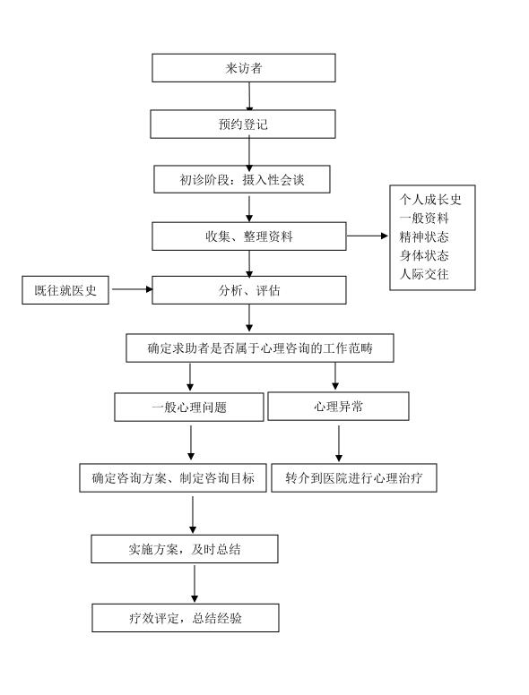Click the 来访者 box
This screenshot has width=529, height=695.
[244, 68]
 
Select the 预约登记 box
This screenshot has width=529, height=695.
[243, 124]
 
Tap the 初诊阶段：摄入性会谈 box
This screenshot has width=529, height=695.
[242, 179]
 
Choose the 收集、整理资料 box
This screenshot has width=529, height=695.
[249, 236]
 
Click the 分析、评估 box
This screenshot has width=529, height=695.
[249, 290]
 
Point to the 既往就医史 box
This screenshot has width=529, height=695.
[65, 290]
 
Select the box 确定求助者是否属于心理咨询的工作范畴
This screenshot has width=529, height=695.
[260, 347]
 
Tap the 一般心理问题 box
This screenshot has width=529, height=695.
[189, 407]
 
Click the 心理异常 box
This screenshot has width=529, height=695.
[338, 407]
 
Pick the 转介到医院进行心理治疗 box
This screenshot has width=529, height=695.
[353, 478]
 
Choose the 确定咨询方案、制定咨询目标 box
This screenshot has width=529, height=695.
[173, 478]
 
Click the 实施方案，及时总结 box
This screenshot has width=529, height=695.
[185, 549]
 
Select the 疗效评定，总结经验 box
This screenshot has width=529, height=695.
[186, 618]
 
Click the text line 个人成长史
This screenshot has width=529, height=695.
[430, 200]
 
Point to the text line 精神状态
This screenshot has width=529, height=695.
[424, 236]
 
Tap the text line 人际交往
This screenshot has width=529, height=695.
[424, 274]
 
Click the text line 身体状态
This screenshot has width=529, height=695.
[424, 255]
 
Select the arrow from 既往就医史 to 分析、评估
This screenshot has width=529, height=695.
[133, 289]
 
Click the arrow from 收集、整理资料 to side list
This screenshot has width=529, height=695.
[367, 236]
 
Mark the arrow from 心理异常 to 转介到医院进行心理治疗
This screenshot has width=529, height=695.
[339, 443]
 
